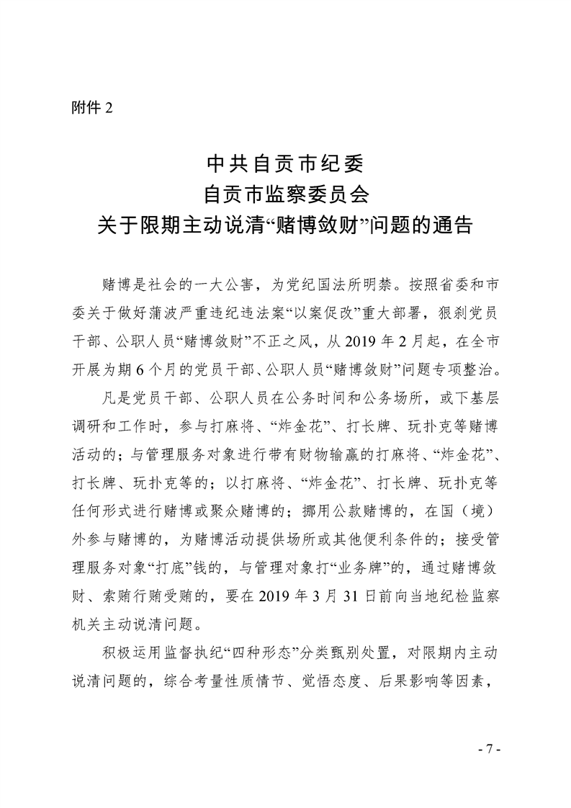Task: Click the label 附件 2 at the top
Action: click(92, 107)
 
